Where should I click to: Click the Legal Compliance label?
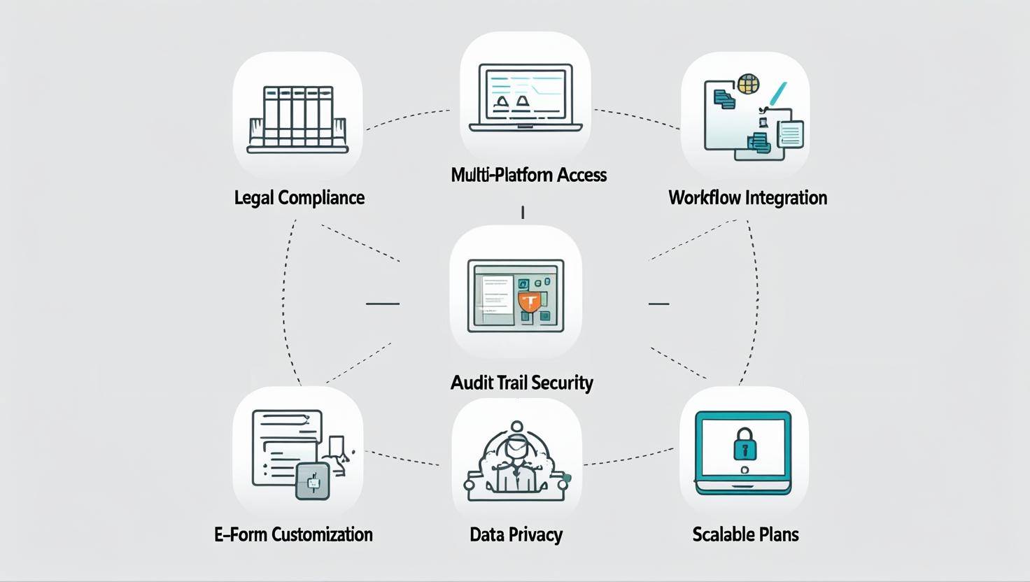coord(299,197)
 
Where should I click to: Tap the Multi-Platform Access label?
coord(528,174)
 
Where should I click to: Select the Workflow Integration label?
coord(747,197)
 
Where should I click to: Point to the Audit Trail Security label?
coord(521,383)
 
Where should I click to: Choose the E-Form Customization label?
coord(293,534)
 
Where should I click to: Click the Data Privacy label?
coord(516,534)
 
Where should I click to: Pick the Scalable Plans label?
coord(745,534)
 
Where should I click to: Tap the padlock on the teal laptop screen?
coord(744,446)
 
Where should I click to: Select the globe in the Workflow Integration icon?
coord(747,84)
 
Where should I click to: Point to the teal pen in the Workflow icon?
coord(777,94)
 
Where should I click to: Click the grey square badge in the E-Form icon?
coord(312,481)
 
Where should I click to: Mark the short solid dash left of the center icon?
coord(382,304)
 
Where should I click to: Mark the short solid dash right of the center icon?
coord(658,304)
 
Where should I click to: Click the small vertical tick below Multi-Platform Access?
coord(523,213)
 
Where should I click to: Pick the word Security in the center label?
coord(561,383)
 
